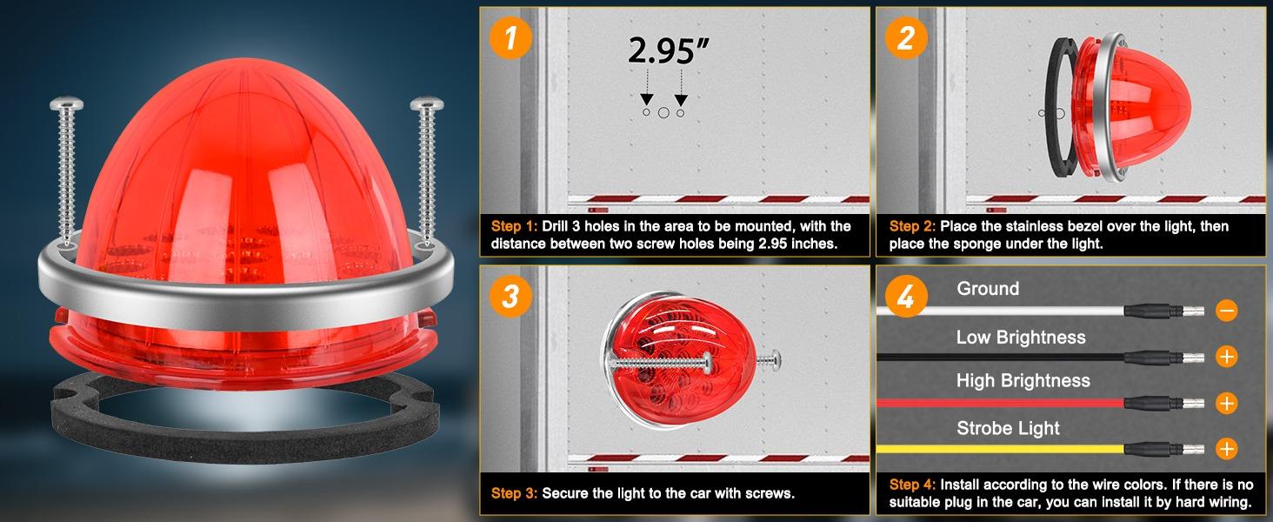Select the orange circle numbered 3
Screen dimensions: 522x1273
(511, 296)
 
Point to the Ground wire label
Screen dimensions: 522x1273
(988, 289)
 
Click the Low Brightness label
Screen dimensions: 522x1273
(1021, 337)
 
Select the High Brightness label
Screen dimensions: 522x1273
(1023, 381)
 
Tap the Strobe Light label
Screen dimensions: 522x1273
(1008, 428)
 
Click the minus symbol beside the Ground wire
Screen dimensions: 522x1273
(1226, 310)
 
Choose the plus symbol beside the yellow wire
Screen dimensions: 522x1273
(1226, 449)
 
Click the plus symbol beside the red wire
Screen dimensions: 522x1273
(1226, 403)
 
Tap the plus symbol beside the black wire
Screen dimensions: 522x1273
(1226, 356)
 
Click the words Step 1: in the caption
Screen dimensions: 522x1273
(513, 226)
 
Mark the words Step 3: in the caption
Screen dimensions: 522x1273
(513, 493)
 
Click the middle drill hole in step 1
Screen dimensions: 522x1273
(663, 112)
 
